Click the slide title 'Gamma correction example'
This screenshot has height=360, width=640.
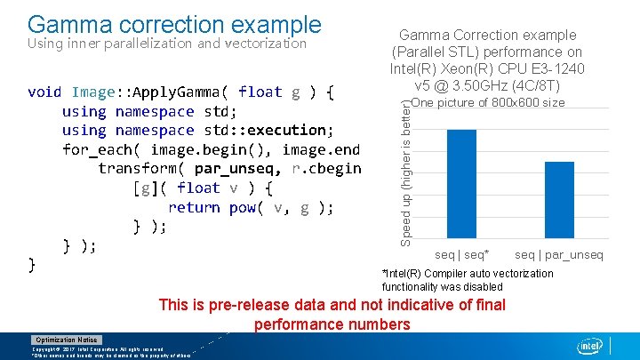173,23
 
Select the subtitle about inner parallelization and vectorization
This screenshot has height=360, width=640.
167,43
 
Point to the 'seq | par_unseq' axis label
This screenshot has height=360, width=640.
558,255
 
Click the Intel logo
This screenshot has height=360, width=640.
588,346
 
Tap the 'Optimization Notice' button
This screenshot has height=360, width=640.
67,340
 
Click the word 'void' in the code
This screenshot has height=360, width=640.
44,92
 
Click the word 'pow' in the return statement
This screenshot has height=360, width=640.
242,207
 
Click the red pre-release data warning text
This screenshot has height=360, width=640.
332,315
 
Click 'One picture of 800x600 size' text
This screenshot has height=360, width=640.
489,103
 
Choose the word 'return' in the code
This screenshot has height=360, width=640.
193,207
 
